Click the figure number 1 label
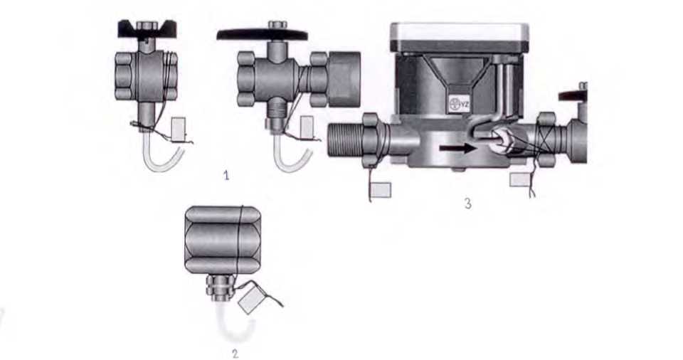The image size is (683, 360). point(226,176)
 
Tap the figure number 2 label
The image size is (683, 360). point(235,354)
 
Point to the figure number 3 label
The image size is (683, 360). point(468,203)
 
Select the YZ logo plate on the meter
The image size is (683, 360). point(457,104)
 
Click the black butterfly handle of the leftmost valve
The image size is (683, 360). point(147,30)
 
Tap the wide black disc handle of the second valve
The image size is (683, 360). point(263,35)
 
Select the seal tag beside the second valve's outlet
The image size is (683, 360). point(307,127)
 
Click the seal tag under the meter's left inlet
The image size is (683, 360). point(380,190)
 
